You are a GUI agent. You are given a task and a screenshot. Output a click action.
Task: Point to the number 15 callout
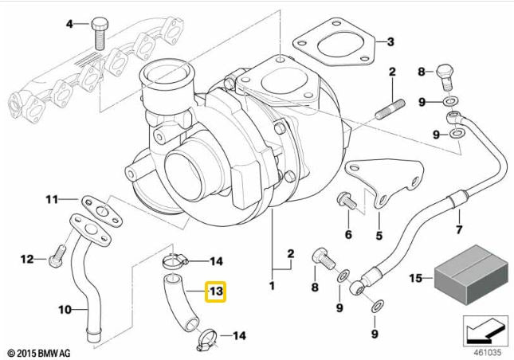coord(414,278)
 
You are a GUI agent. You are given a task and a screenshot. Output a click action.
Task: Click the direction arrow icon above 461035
coord(485,328)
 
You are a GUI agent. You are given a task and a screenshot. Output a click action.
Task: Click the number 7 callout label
coord(458,231)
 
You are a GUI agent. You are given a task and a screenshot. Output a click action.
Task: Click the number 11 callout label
coord(51,198)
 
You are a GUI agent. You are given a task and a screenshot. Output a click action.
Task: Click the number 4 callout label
coord(69,24)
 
